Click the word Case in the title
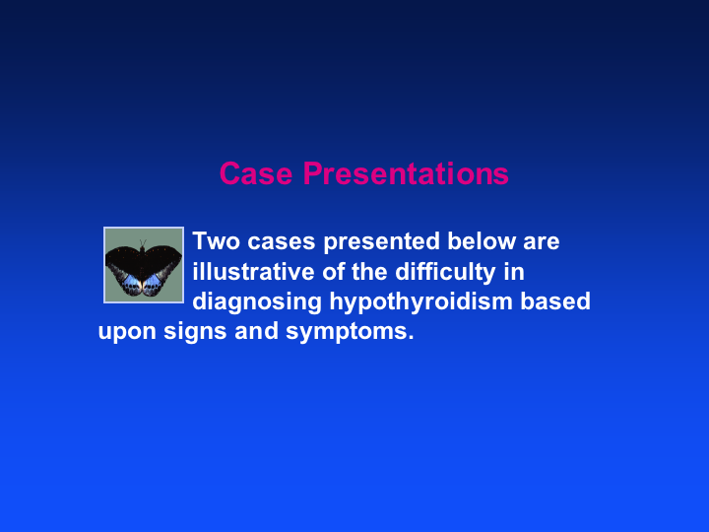click(x=256, y=173)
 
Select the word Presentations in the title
click(x=406, y=173)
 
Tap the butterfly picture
click(x=144, y=265)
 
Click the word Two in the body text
click(x=216, y=241)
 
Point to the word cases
click(x=281, y=242)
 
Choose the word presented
click(x=382, y=242)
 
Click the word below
click(x=482, y=241)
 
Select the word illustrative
click(x=253, y=272)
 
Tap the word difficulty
click(x=445, y=272)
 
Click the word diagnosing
click(x=257, y=302)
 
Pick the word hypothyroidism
click(x=420, y=302)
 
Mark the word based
click(x=555, y=301)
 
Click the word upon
click(x=127, y=333)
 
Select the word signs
click(x=195, y=332)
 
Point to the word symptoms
click(x=346, y=333)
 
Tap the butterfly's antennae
click(x=143, y=243)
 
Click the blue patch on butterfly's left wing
click(x=132, y=282)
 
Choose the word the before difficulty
click(x=368, y=272)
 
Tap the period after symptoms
click(x=411, y=338)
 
